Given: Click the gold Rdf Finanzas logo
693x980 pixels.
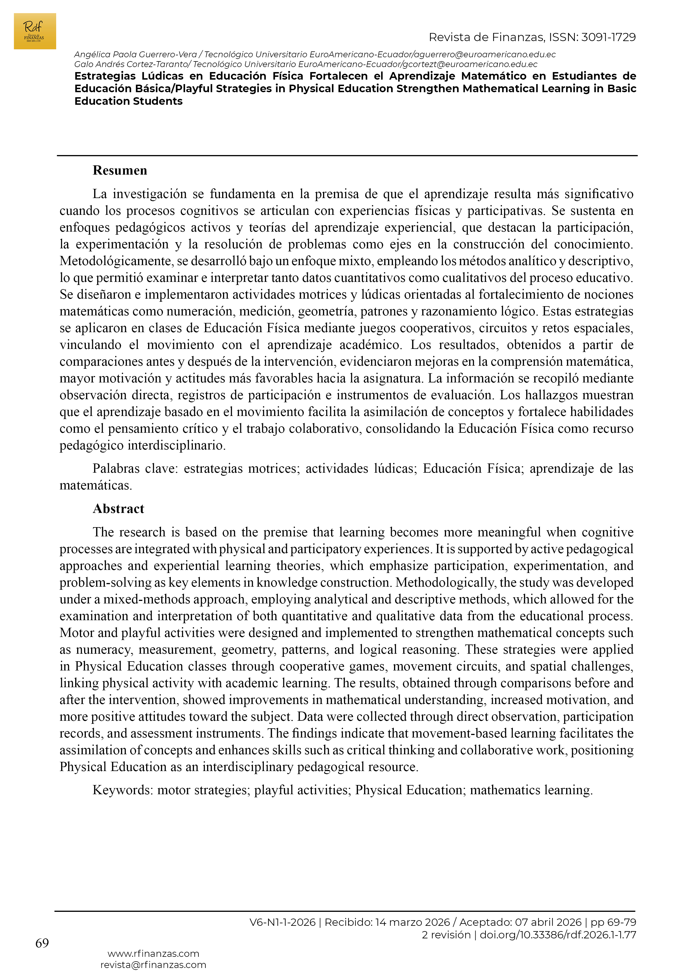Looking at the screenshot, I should (x=35, y=31).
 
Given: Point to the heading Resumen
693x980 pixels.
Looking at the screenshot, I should (x=120, y=171).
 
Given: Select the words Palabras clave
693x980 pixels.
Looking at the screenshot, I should (x=134, y=469).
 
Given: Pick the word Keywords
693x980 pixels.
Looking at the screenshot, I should (x=122, y=790).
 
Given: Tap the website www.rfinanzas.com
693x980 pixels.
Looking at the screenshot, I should (x=153, y=953).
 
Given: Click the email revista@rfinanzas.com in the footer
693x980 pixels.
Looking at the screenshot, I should (x=153, y=965).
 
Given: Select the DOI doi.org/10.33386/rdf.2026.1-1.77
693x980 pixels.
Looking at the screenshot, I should (x=558, y=935).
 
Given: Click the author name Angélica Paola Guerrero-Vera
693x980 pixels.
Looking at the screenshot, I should (x=135, y=55).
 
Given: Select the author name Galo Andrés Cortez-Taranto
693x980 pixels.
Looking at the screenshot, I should (x=131, y=65).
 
